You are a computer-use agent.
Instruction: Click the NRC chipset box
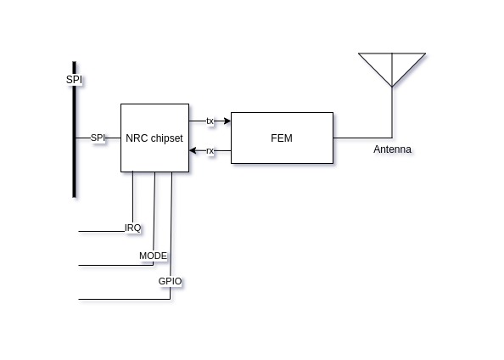(x=154, y=138)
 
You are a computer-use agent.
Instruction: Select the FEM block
(x=282, y=138)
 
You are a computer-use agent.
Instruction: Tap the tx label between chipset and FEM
(x=210, y=121)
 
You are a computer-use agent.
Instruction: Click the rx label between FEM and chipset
(x=210, y=150)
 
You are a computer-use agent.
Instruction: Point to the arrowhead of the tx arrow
(x=227, y=121)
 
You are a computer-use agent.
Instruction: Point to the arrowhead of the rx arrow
(x=193, y=150)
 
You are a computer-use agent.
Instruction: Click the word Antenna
(x=392, y=149)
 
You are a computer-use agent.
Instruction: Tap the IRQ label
(x=132, y=228)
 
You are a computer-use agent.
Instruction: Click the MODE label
(x=153, y=256)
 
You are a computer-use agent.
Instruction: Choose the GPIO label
(x=170, y=281)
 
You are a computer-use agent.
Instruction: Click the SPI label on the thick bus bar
(x=74, y=80)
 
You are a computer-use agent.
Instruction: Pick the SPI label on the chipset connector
(x=98, y=138)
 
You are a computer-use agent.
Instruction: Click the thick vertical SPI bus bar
(x=75, y=129)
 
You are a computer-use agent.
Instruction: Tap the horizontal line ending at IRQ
(x=102, y=231)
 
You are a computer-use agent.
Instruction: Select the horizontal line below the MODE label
(x=116, y=266)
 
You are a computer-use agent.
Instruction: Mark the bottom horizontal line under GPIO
(x=125, y=299)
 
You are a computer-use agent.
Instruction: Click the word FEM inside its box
(x=282, y=138)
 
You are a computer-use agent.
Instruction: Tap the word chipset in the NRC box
(x=167, y=138)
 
